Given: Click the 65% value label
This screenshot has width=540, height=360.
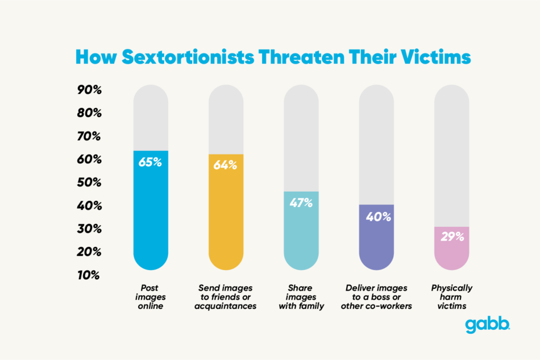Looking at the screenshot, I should (151, 162).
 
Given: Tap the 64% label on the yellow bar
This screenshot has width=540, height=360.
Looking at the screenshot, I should (226, 165).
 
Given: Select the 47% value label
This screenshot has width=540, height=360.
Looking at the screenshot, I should (301, 202).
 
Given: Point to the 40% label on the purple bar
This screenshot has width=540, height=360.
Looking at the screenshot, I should (376, 217).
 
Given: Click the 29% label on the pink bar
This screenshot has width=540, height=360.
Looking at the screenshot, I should (452, 237).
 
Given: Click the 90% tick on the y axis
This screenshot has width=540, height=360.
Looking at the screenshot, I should (89, 90).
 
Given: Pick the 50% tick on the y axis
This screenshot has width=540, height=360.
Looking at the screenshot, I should (89, 183).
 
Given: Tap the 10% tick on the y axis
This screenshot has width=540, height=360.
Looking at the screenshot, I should (89, 275).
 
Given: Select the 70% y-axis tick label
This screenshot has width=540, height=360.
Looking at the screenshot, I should (89, 136).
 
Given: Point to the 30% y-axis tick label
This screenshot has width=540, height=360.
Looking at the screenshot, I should (89, 229).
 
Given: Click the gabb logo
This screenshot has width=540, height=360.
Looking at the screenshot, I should (488, 325).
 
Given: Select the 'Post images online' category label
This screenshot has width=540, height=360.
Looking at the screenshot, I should (151, 297).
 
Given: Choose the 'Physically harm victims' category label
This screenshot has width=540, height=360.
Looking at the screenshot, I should (452, 297).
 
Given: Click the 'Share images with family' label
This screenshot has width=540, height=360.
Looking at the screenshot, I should (301, 297).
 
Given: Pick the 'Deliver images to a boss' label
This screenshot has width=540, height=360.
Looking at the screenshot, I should (376, 297).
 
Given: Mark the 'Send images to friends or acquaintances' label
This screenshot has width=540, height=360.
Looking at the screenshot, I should (226, 297).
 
